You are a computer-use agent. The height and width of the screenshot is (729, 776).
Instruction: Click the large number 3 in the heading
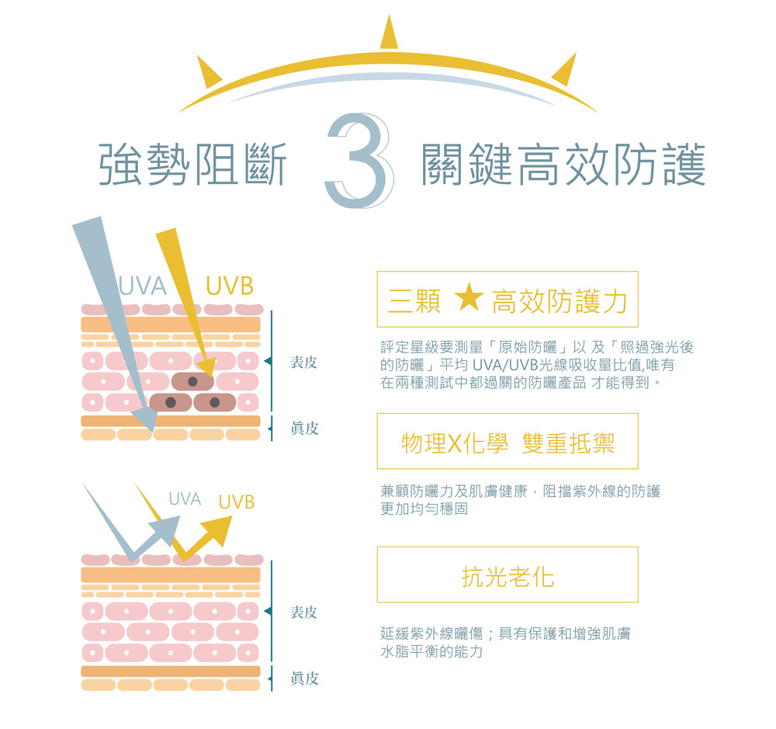(x=360, y=161)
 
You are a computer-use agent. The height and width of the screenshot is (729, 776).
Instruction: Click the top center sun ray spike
(x=389, y=32)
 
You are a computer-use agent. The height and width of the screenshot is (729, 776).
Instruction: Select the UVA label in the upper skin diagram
(x=143, y=286)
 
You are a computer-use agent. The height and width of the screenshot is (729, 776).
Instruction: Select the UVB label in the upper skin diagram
(x=230, y=286)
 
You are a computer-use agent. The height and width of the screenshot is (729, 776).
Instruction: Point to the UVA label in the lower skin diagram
(x=185, y=498)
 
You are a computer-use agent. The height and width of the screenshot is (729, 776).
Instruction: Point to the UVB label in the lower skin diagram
(x=237, y=502)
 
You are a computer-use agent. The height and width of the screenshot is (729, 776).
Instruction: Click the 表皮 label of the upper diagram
(x=304, y=362)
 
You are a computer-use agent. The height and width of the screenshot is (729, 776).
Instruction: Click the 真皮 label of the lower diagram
(x=304, y=678)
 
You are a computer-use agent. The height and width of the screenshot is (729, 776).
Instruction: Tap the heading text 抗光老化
(x=508, y=577)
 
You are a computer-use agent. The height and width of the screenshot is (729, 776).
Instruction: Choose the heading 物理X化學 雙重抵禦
(x=508, y=443)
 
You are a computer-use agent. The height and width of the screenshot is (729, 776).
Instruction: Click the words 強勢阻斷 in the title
(x=192, y=165)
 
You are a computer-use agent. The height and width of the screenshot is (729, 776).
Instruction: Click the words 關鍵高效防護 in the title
(x=563, y=165)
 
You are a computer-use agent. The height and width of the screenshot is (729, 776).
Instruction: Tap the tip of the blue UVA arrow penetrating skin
(x=151, y=430)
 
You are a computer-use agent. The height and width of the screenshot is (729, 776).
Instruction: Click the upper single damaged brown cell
(x=192, y=381)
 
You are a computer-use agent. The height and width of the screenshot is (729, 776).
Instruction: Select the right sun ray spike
(x=565, y=70)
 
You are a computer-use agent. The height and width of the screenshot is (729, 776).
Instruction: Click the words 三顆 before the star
(x=414, y=301)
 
